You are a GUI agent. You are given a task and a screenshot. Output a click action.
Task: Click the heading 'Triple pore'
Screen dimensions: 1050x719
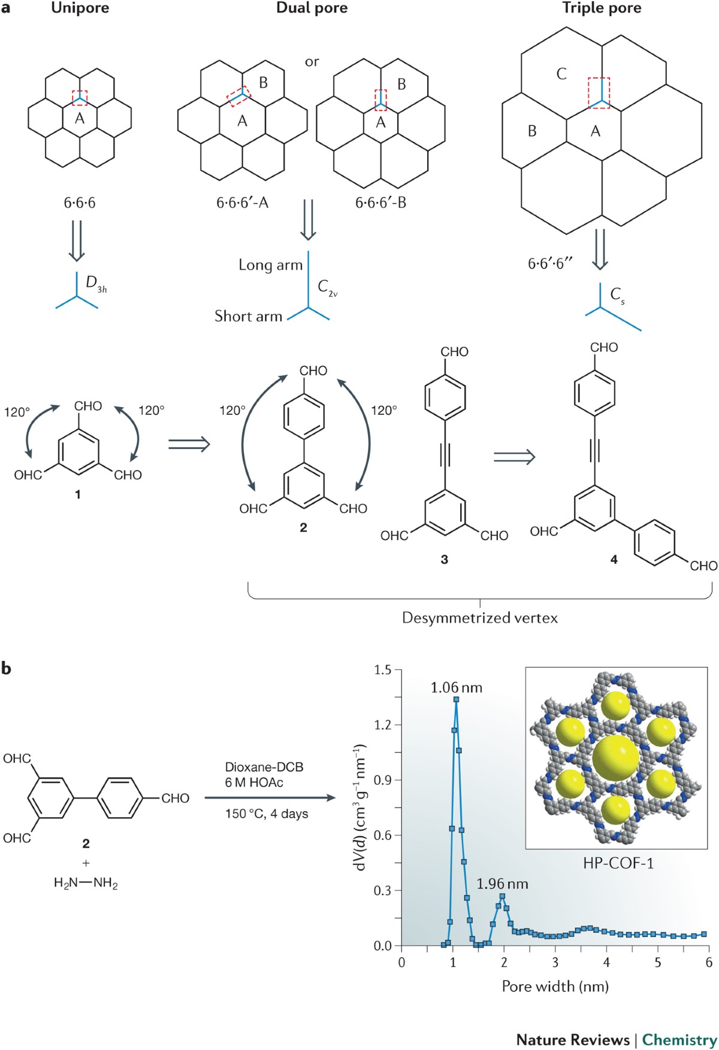click(x=602, y=8)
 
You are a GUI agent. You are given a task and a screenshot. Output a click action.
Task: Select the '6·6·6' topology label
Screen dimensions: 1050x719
click(x=80, y=203)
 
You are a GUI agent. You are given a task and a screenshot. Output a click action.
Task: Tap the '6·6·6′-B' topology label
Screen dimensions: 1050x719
click(x=380, y=203)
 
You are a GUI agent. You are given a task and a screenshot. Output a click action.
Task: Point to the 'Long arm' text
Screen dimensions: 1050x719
click(x=270, y=265)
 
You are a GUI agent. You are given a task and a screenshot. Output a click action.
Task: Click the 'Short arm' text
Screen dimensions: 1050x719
click(x=248, y=316)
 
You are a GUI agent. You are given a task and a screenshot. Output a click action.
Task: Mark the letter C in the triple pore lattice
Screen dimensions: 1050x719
click(x=561, y=74)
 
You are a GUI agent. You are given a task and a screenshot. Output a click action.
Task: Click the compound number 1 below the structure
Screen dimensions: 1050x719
click(x=78, y=494)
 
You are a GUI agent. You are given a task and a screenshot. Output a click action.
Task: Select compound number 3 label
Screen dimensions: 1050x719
click(x=444, y=559)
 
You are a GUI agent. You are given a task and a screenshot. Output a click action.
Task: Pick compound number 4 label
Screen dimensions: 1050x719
click(x=614, y=560)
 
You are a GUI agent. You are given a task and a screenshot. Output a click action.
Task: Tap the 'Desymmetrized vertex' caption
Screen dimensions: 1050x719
click(x=479, y=618)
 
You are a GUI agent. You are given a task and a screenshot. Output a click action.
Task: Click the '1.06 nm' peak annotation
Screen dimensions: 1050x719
click(x=456, y=687)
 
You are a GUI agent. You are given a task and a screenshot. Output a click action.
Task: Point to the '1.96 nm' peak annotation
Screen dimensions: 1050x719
click(x=502, y=884)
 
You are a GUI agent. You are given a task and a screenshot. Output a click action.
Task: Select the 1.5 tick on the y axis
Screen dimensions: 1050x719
click(x=382, y=670)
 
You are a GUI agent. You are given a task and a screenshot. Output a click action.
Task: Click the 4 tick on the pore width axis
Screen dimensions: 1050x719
click(x=606, y=963)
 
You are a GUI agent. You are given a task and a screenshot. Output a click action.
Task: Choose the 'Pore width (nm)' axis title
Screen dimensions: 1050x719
click(x=555, y=986)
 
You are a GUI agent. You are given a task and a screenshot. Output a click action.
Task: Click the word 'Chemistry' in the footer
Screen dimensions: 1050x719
click(x=679, y=1040)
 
